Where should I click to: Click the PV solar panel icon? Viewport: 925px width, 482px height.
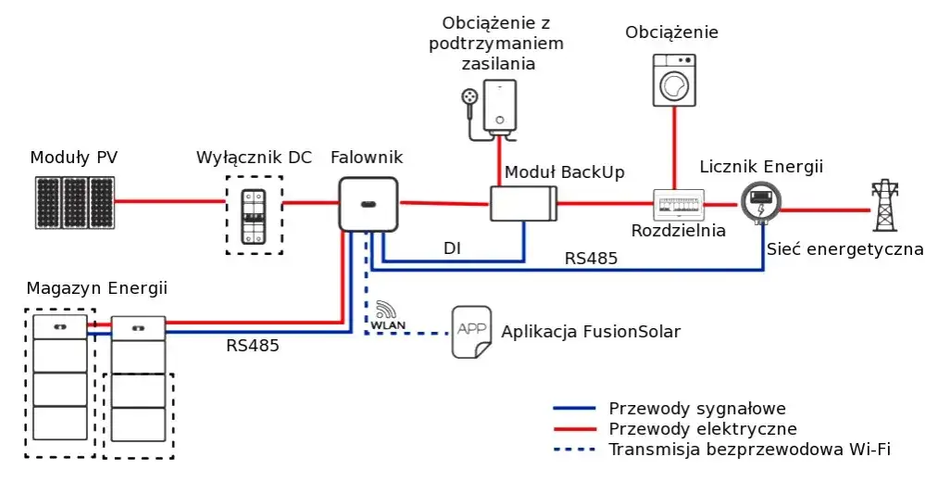point(75,202)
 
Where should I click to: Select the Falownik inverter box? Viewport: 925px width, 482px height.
point(368,203)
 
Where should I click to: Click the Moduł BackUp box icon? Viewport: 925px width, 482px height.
point(523,203)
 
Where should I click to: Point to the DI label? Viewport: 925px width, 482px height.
point(452,248)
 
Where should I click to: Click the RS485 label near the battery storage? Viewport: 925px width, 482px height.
point(252,346)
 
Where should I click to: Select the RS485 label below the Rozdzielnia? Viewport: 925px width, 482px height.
point(591,259)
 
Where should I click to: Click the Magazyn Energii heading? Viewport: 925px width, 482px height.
point(97,288)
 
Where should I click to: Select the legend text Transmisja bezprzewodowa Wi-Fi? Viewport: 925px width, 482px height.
point(749,450)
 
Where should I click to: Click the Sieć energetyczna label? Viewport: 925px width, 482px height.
point(844,248)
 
